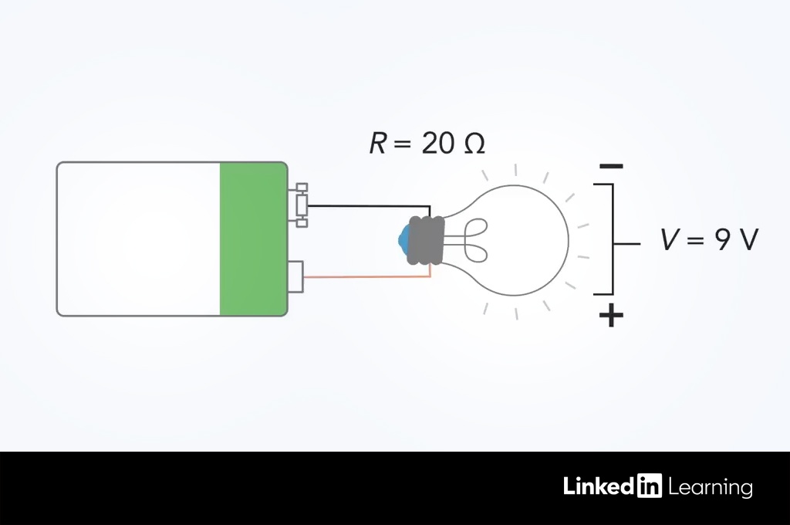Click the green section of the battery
click(x=253, y=239)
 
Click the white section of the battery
click(x=138, y=239)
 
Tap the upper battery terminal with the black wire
click(x=302, y=205)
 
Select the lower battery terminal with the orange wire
click(x=295, y=276)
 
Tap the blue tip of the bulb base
click(x=403, y=240)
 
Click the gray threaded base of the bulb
click(x=426, y=241)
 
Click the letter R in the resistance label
click(x=378, y=143)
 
